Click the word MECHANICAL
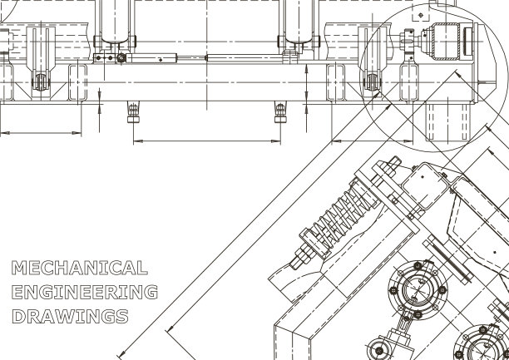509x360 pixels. click(x=80, y=268)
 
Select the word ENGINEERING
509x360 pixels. click(x=85, y=292)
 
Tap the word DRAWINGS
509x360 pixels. click(x=71, y=316)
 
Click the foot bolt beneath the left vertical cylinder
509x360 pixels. click(x=132, y=112)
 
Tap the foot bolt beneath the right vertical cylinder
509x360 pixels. click(x=280, y=112)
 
